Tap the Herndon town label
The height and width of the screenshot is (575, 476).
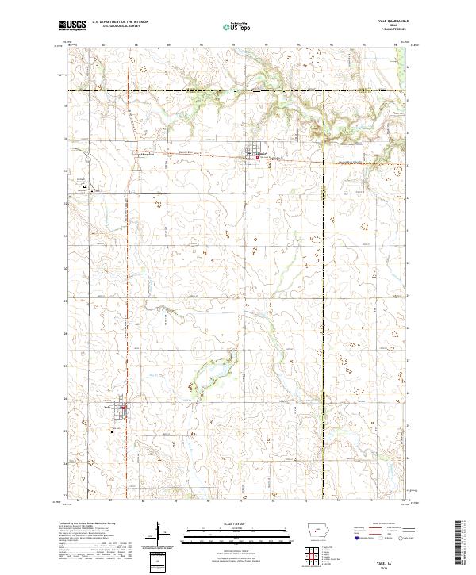[145, 155]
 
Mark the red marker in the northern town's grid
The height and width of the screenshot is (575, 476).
[256, 157]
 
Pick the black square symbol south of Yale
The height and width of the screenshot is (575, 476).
[113, 431]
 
